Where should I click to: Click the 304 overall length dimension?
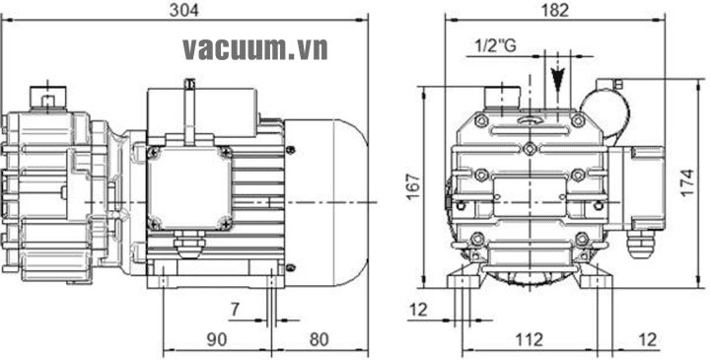[x=183, y=11]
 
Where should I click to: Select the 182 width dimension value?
[x=555, y=11]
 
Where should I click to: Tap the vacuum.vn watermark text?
[x=255, y=49]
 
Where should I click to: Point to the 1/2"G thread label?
[x=495, y=45]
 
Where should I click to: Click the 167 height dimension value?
[x=413, y=186]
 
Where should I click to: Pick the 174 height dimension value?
[x=688, y=182]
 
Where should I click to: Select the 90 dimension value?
[x=216, y=339]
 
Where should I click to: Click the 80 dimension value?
[x=319, y=339]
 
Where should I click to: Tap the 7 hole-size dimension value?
[x=235, y=310]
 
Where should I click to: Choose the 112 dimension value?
[x=530, y=339]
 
